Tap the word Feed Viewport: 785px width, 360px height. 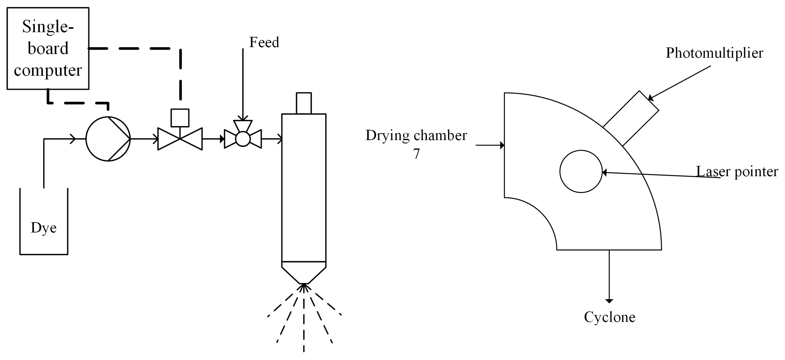264,42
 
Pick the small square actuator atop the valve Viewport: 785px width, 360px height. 180,118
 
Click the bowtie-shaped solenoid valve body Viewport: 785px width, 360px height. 180,139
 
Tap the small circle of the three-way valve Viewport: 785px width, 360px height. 243,139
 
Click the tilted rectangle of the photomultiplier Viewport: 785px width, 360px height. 631,118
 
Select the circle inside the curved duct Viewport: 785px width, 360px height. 581,171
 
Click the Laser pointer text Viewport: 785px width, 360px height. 737,171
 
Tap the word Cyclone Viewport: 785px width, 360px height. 609,317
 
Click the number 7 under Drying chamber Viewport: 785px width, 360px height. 416,154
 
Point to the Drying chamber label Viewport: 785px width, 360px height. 416,135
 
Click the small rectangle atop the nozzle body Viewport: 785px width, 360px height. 304,103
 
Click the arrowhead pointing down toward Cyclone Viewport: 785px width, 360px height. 609,301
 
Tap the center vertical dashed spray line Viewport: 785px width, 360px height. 304,323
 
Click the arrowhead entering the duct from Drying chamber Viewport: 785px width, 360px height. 502,145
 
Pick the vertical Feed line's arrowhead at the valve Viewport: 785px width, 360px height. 243,118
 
